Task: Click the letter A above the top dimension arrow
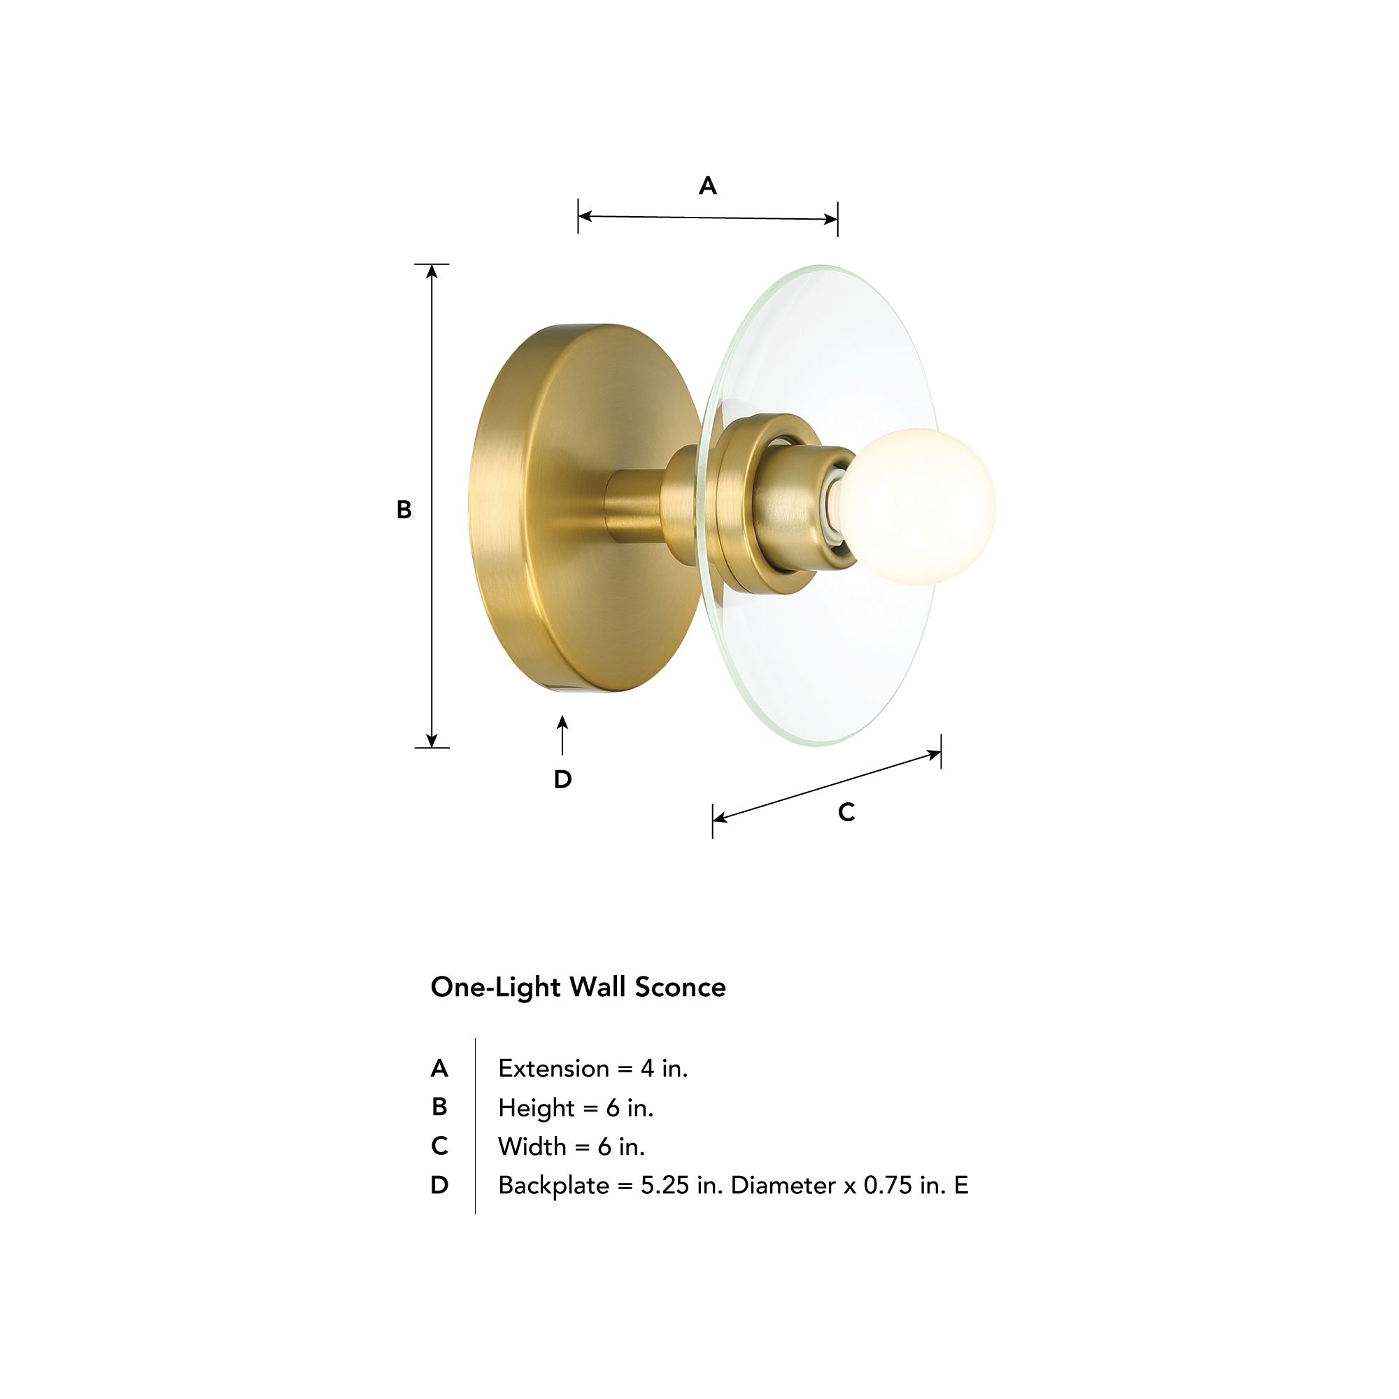click(707, 186)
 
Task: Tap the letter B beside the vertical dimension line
click(404, 510)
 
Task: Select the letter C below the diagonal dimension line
click(846, 812)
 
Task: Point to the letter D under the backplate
click(562, 779)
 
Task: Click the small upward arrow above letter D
click(562, 733)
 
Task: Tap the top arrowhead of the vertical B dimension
click(432, 271)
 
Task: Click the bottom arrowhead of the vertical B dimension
click(432, 740)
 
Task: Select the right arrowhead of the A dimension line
click(830, 219)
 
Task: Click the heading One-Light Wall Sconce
click(578, 988)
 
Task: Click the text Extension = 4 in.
click(592, 1069)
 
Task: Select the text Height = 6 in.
click(576, 1108)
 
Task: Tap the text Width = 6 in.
click(571, 1147)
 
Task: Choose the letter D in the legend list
click(439, 1186)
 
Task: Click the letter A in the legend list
click(439, 1069)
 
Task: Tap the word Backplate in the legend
click(553, 1186)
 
